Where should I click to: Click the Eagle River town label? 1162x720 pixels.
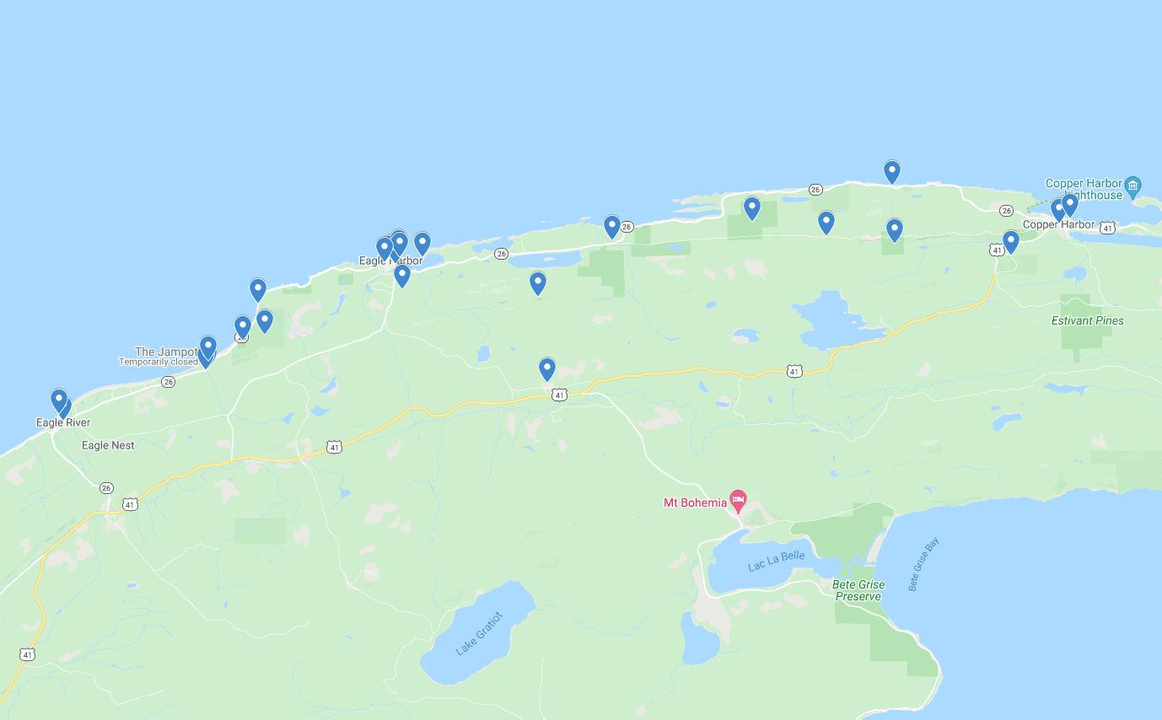point(63,422)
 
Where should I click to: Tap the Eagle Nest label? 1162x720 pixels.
point(108,445)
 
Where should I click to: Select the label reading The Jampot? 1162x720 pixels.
point(166,352)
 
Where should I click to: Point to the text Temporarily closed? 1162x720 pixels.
point(158,362)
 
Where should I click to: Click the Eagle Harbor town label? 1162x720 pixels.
point(390,261)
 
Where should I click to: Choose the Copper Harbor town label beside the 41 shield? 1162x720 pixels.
point(1058,225)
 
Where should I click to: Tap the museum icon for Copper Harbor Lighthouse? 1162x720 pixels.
point(1133,185)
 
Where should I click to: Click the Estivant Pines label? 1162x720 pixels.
point(1087,320)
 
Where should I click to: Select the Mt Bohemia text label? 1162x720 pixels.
point(694,503)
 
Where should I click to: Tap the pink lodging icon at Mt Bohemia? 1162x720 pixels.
point(738,500)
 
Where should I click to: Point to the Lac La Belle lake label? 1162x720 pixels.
point(776,561)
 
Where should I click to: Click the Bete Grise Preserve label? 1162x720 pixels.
point(858,590)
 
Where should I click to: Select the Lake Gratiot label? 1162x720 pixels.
point(479,634)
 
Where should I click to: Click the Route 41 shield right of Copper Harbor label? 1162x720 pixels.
point(1107,228)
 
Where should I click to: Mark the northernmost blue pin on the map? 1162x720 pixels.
point(891,171)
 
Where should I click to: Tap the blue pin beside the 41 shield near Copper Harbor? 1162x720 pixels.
point(1010,242)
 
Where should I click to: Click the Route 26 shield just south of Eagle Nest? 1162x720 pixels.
point(106,488)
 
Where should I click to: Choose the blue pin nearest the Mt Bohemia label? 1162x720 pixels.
point(547,368)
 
